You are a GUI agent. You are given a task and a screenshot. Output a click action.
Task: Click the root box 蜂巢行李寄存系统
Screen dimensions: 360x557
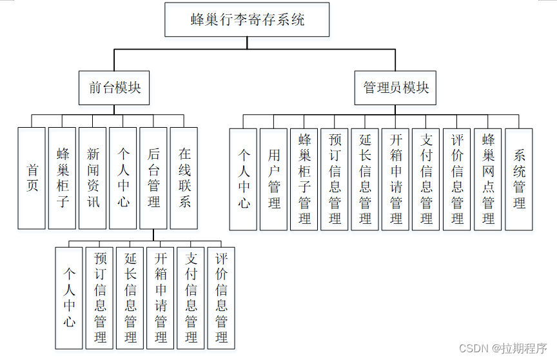pos(247,20)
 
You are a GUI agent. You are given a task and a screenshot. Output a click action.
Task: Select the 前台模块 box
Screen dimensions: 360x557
pos(115,88)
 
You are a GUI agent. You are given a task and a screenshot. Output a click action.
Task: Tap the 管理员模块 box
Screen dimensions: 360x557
pos(395,88)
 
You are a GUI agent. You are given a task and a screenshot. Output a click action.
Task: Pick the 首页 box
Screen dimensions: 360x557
pos(32,178)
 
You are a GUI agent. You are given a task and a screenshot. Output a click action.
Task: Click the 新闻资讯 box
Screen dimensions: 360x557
pos(93,178)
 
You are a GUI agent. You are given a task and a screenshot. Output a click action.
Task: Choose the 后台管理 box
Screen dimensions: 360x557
pos(153,178)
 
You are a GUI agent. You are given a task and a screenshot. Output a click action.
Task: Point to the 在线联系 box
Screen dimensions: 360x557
pos(184,178)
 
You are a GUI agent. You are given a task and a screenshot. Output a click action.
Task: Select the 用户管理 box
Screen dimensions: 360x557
pos(274,179)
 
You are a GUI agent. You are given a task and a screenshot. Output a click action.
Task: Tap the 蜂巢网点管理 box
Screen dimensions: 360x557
pos(488,179)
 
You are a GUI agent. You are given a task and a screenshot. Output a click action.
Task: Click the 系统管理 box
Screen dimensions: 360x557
pos(519,179)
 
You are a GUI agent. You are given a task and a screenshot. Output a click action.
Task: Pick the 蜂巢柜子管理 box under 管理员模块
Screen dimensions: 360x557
pos(304,179)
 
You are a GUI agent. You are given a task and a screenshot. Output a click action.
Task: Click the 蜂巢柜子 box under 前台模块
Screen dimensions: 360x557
pos(63,178)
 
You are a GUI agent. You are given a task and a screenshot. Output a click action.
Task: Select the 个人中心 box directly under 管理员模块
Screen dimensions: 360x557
pos(243,179)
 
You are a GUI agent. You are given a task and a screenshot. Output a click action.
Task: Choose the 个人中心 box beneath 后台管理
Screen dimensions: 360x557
pos(69,297)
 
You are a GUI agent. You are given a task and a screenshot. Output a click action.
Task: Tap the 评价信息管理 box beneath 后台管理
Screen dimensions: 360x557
pos(221,297)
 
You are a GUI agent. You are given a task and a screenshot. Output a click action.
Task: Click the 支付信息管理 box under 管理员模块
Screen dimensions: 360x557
pos(427,179)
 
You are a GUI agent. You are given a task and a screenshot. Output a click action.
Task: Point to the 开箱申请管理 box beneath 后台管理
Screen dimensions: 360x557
pos(161,297)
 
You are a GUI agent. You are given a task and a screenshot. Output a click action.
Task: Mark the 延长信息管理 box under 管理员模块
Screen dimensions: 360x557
pos(366,179)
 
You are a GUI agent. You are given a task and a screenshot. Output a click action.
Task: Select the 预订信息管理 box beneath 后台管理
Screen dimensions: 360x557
pos(100,297)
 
